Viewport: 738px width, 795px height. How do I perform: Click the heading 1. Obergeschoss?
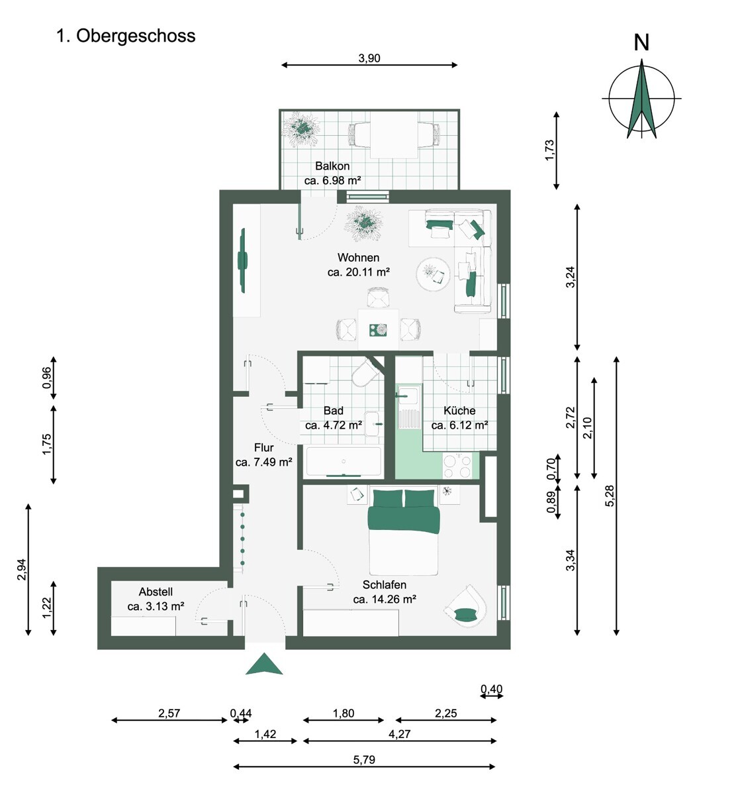(x=126, y=36)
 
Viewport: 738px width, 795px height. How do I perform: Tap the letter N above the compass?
(x=641, y=42)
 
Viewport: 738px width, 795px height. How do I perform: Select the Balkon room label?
(x=332, y=166)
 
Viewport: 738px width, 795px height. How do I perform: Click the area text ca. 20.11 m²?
(x=358, y=272)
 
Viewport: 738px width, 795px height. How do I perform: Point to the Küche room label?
(x=459, y=411)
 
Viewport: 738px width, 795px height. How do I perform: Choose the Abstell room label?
(x=156, y=592)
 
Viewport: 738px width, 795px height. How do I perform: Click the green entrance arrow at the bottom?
(x=264, y=664)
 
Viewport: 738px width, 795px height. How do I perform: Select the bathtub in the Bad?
(x=343, y=462)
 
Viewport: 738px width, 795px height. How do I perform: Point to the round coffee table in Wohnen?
(x=434, y=274)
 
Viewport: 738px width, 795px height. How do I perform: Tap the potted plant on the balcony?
(x=303, y=127)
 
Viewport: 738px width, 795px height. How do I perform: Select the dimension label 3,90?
(x=369, y=58)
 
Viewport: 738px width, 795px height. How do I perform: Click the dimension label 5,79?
(x=364, y=760)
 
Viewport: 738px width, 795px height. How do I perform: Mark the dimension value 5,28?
(x=610, y=496)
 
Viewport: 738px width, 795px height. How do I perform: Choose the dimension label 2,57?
(x=169, y=714)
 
